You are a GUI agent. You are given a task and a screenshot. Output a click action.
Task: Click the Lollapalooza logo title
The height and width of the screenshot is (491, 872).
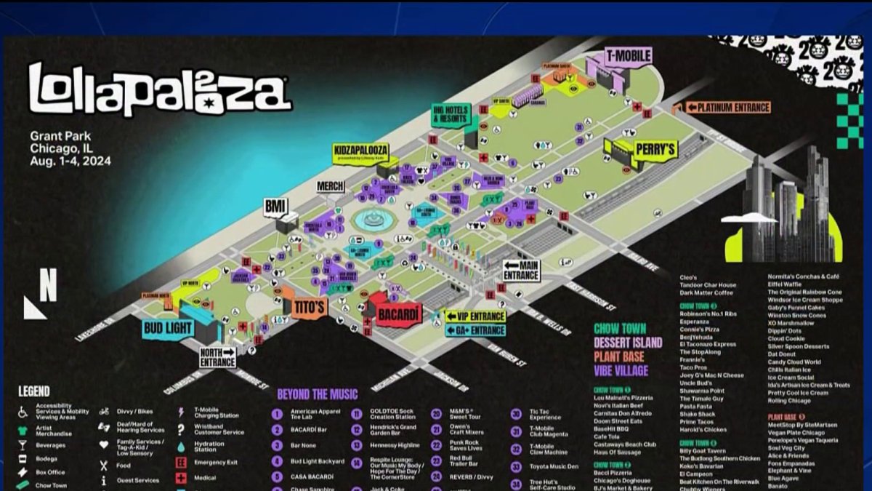coord(160,88)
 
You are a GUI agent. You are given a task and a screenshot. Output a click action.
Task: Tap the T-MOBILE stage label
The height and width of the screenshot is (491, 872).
coord(628,55)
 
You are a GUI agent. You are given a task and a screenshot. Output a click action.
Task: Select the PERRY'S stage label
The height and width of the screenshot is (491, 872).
coord(655,149)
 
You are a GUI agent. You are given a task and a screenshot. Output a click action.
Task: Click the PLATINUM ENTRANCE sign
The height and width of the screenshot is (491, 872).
coord(727,107)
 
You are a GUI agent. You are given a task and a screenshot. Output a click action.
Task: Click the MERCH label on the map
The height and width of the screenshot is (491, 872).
coord(331,186)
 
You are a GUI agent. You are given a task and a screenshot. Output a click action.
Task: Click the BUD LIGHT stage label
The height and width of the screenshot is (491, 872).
coord(168,328)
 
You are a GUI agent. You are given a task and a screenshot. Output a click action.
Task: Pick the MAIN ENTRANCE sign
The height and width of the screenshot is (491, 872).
coord(521,271)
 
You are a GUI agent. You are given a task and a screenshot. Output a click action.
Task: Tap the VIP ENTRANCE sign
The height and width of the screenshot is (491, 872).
coord(476,316)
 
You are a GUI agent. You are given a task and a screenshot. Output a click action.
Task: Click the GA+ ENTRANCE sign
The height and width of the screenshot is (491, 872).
coord(476,330)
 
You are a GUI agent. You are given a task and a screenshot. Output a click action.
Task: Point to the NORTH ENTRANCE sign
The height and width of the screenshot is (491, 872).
coord(217,357)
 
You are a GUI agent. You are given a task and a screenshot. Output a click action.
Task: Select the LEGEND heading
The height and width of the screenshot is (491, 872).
coord(34,392)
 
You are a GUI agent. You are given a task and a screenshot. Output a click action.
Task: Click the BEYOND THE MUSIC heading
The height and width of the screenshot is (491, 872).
coord(317,394)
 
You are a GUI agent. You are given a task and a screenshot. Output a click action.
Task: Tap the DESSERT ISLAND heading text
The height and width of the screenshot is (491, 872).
coord(628,343)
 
